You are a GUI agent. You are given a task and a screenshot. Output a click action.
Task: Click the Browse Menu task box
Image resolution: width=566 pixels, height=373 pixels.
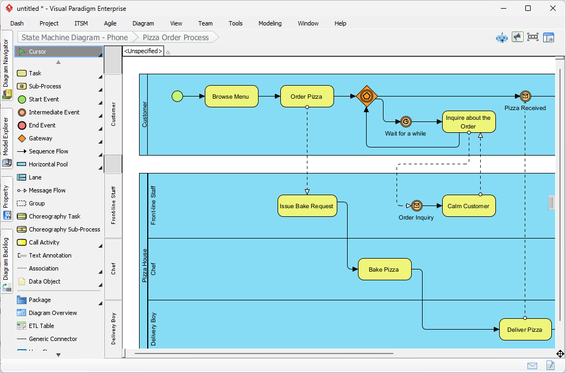click(x=231, y=97)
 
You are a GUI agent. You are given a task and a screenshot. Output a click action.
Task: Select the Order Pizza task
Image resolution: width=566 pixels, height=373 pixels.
click(x=306, y=97)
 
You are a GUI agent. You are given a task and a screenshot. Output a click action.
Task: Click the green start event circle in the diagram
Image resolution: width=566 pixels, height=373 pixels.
click(x=177, y=97)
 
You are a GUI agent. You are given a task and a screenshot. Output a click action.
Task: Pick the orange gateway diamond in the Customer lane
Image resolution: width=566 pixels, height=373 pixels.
click(x=367, y=96)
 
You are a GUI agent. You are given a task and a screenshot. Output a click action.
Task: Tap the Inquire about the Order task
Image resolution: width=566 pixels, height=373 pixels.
click(x=468, y=122)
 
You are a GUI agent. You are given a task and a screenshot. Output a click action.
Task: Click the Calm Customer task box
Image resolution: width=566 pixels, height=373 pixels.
click(x=468, y=206)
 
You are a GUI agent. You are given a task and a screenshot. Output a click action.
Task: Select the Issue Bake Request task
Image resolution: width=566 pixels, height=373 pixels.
click(x=307, y=206)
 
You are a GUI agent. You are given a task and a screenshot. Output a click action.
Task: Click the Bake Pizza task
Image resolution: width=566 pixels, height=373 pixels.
click(x=384, y=269)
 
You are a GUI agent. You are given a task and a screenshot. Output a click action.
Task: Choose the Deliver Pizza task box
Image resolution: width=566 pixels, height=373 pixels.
click(x=525, y=330)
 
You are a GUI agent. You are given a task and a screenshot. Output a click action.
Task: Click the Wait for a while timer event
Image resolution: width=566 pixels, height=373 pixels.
click(x=405, y=122)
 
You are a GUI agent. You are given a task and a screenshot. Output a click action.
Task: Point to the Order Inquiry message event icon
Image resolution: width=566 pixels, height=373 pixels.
click(x=417, y=206)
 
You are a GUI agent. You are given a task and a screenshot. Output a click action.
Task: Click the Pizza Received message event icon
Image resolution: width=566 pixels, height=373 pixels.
click(x=525, y=97)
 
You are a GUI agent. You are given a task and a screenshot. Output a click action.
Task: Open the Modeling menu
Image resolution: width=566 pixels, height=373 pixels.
click(x=270, y=23)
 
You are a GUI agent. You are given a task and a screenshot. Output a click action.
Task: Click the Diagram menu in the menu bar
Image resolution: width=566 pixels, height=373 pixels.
click(x=143, y=23)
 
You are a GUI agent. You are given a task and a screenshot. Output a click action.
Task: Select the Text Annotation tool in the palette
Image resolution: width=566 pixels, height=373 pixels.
click(x=50, y=255)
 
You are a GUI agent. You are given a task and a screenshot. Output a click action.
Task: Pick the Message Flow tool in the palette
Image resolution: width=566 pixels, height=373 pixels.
click(x=47, y=190)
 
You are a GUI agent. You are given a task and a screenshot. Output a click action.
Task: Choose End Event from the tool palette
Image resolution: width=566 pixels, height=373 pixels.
click(x=42, y=125)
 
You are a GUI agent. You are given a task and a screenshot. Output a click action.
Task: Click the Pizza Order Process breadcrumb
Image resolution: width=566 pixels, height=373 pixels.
click(x=175, y=37)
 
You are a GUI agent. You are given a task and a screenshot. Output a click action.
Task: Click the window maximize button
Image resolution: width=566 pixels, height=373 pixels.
click(x=528, y=8)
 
